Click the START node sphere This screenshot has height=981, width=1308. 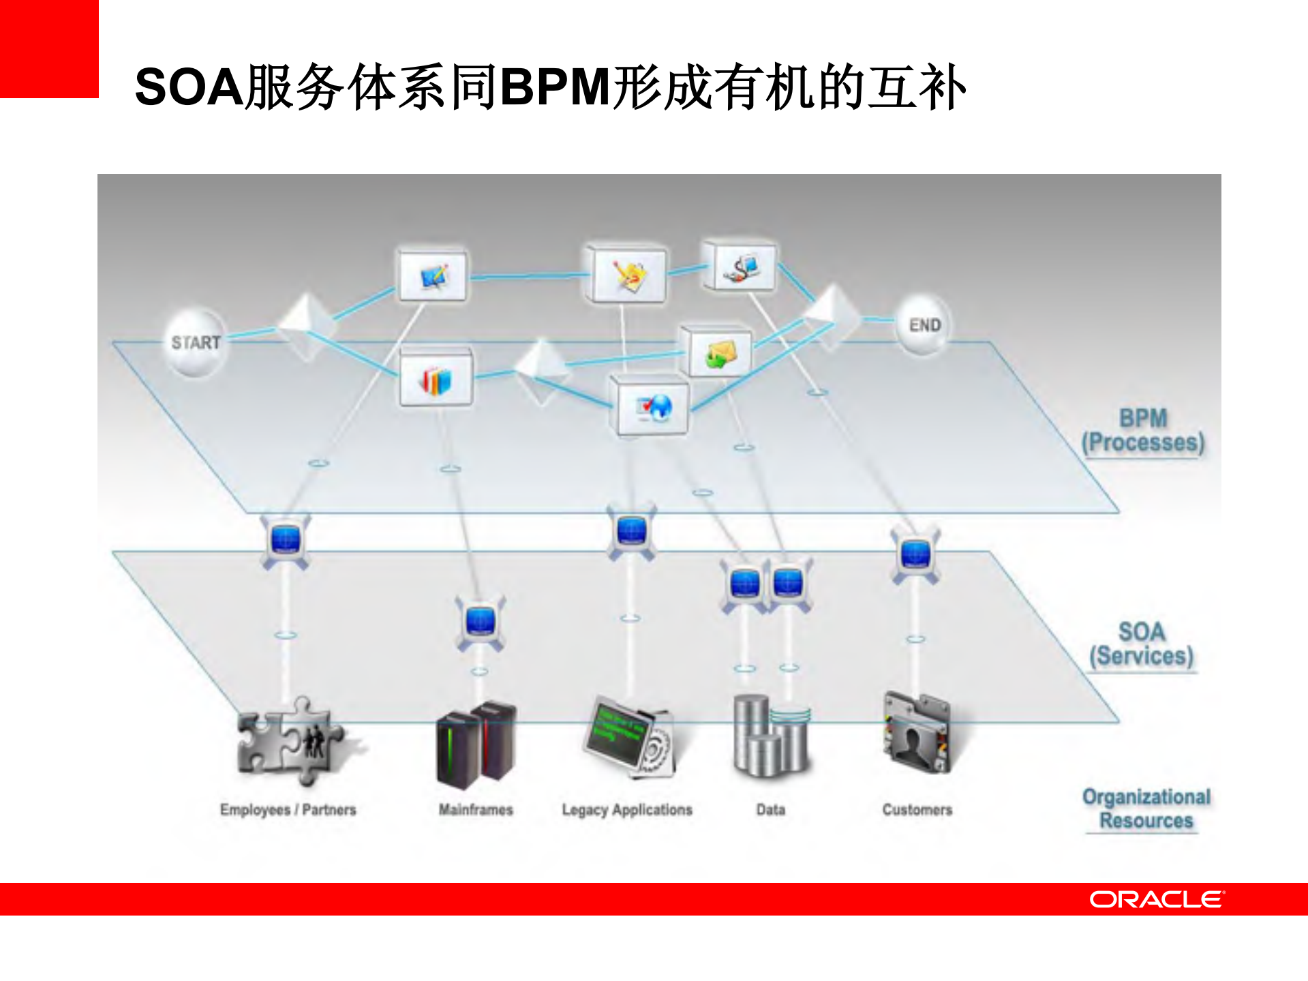[x=196, y=342]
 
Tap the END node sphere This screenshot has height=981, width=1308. [x=924, y=325]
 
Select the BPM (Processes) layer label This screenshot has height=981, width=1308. [x=1143, y=430]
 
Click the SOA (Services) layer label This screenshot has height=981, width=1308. [x=1142, y=644]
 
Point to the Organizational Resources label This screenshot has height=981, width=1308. [x=1146, y=809]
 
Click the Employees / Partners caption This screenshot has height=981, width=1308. [x=288, y=810]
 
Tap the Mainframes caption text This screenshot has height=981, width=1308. [x=476, y=810]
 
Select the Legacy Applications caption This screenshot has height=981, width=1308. [x=627, y=810]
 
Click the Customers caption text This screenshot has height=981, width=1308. [x=917, y=810]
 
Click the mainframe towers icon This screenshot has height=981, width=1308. [x=476, y=744]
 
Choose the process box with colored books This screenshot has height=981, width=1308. [x=436, y=378]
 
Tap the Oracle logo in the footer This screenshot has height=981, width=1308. [x=1156, y=899]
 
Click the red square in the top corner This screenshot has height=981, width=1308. [x=49, y=48]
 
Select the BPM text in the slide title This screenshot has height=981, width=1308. [x=555, y=87]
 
